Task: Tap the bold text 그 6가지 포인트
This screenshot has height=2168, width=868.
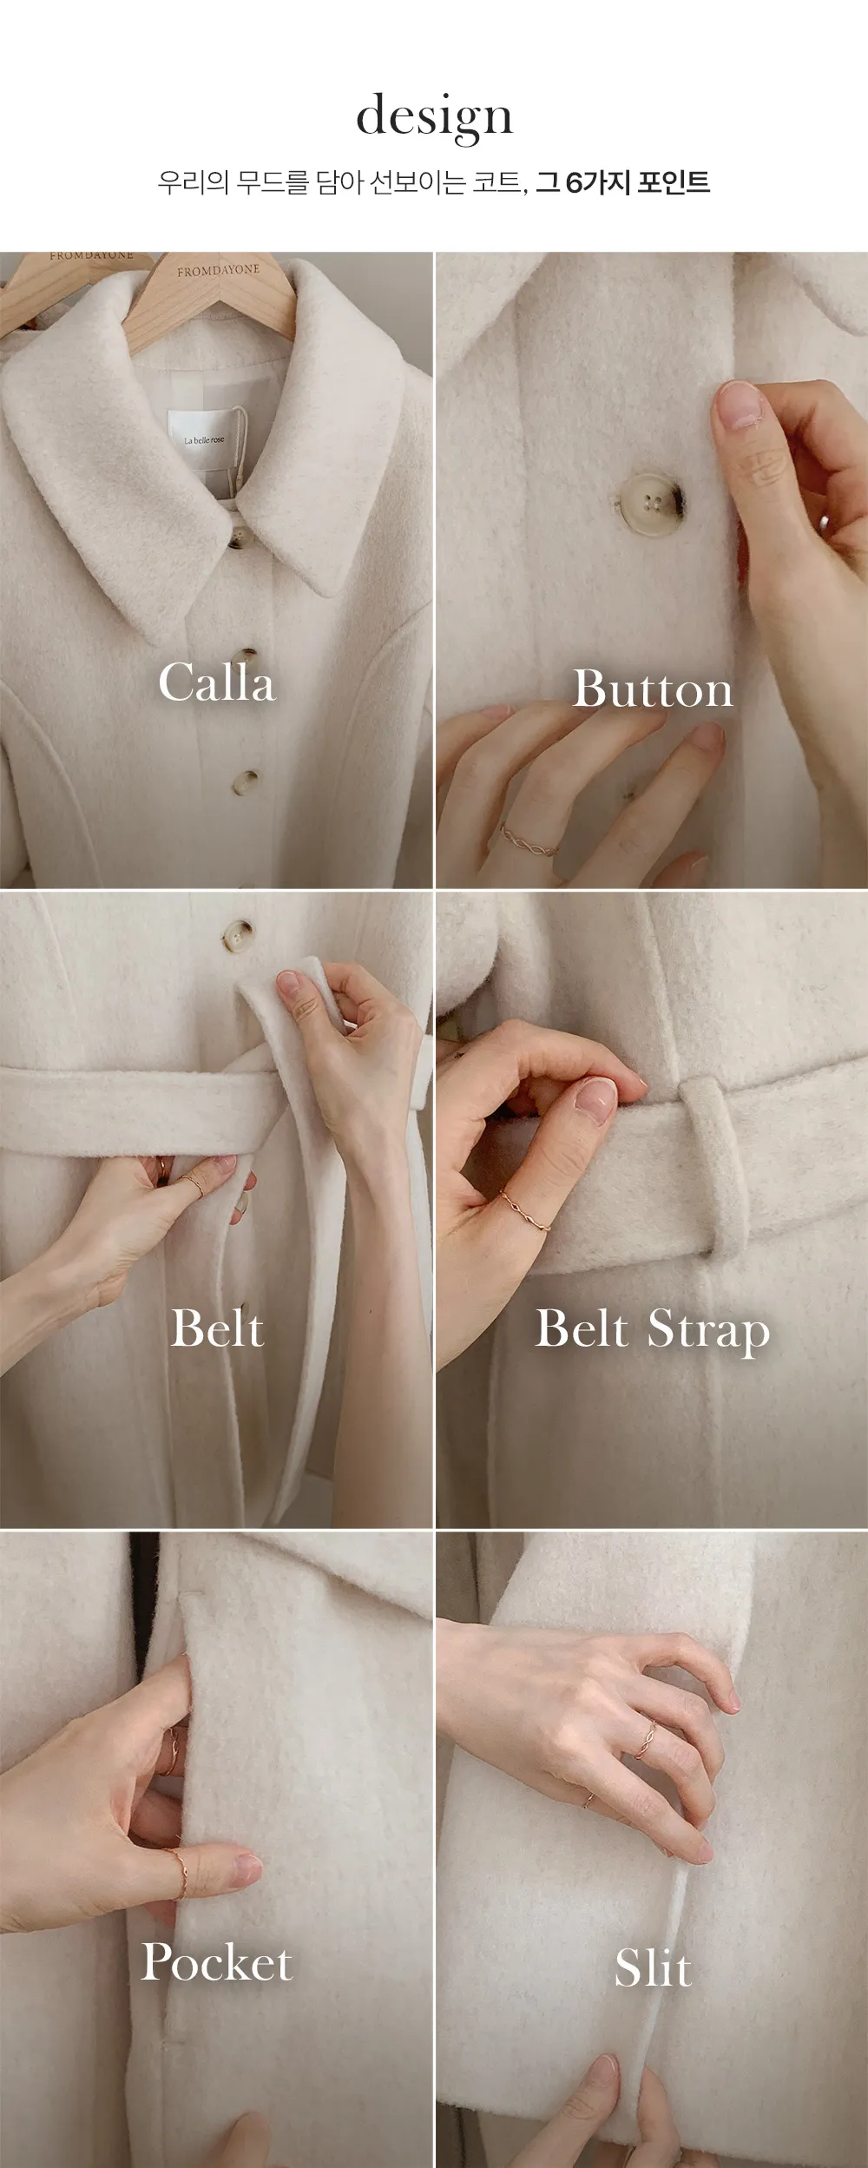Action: [x=622, y=183]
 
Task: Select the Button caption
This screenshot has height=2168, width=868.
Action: [x=653, y=689]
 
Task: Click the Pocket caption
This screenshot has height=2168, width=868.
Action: [x=217, y=1963]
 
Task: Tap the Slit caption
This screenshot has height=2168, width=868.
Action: [x=653, y=1968]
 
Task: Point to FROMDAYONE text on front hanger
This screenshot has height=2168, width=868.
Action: [x=218, y=271]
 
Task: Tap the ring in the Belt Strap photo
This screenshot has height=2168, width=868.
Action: [x=524, y=1209]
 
